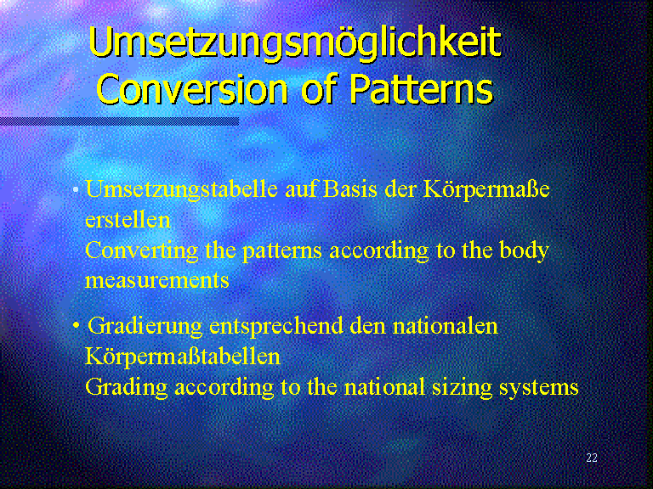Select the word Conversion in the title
(192, 88)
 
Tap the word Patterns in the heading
(421, 88)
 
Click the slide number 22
(592, 458)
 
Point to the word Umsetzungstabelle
(182, 189)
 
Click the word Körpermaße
(486, 190)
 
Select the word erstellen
(128, 220)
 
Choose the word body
(524, 250)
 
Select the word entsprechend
(276, 326)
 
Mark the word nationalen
(445, 326)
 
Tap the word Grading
(126, 387)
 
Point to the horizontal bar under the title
(119, 121)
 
